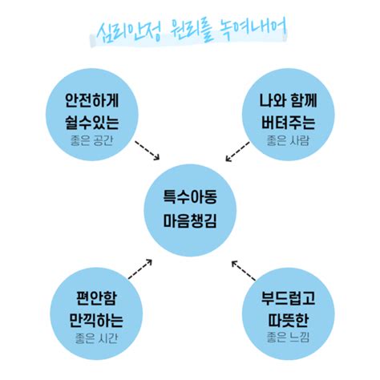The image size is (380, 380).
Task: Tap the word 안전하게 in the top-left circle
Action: pos(94,103)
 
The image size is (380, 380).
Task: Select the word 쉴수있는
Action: pos(94,123)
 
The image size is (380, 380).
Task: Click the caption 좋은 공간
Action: pos(94,143)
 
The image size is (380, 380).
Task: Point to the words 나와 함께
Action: pos(286,103)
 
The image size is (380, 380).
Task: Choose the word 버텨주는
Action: pos(286,123)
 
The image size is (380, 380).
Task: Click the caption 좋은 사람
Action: pos(286,143)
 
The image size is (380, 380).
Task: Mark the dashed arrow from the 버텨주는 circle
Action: pos(238,150)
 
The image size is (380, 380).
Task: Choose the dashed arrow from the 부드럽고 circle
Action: pos(242,270)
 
